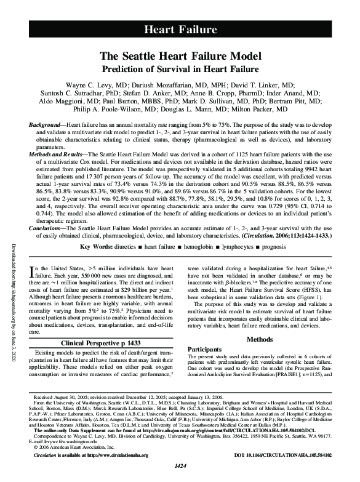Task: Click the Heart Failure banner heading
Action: pyautogui.click(x=180, y=29)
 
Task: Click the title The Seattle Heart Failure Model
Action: pyautogui.click(x=180, y=56)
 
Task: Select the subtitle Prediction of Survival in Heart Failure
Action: pyautogui.click(x=180, y=69)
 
